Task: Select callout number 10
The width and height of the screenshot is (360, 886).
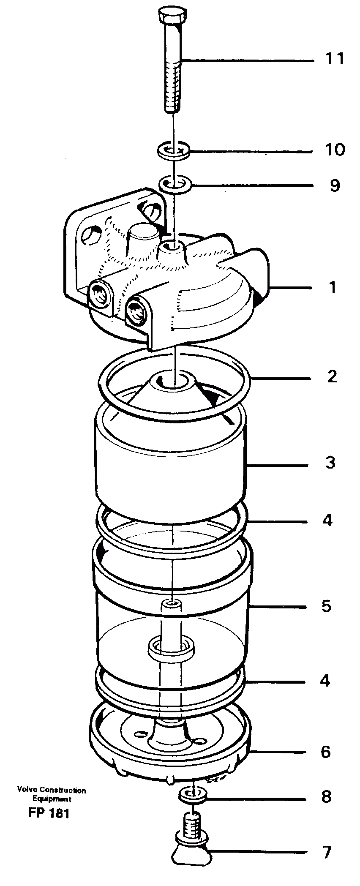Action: coord(335,150)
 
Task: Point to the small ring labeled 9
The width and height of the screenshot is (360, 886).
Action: coord(175,184)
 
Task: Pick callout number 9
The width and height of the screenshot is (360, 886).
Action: coord(335,185)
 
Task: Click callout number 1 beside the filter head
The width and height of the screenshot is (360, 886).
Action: coord(333,288)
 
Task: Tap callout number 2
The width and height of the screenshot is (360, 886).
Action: coord(332,376)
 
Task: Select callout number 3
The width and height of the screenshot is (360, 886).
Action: coord(330,462)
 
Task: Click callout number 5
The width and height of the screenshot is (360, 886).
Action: coord(326,606)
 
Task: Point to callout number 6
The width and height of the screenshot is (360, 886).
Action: coord(325,752)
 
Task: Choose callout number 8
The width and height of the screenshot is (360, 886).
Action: coord(326,797)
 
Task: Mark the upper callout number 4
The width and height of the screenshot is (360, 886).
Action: coord(327,520)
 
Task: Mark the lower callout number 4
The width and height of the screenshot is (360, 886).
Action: coord(325,681)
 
